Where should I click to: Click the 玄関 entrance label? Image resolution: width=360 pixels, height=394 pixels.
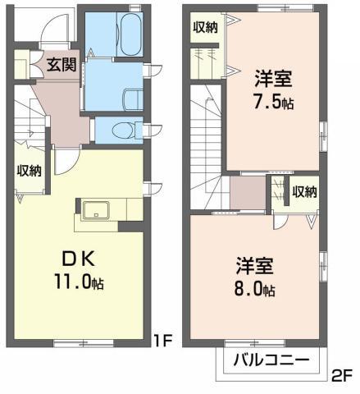click(62, 65)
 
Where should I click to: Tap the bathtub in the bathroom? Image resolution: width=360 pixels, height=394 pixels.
click(131, 34)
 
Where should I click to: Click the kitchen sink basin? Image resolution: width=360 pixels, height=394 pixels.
click(96, 210)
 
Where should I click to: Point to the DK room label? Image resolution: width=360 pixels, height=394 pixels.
click(79, 259)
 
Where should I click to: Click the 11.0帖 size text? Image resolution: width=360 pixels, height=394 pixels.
click(79, 282)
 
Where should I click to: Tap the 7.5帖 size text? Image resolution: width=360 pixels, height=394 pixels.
click(274, 102)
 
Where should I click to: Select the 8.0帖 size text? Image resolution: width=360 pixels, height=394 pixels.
click(255, 289)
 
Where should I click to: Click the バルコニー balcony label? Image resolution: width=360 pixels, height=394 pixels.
click(271, 360)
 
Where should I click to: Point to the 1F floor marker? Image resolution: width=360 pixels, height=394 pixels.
click(162, 341)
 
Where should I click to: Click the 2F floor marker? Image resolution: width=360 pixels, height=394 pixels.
click(342, 376)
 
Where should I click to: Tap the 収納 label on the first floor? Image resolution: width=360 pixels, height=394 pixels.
click(30, 171)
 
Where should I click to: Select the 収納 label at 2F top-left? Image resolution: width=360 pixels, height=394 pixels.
click(206, 27)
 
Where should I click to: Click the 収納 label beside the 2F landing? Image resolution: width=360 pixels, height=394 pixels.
click(304, 192)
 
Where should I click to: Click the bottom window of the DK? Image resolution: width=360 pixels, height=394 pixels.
click(84, 343)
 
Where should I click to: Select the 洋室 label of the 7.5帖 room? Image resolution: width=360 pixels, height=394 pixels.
click(273, 79)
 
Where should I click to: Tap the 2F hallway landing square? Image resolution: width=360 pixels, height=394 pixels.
click(248, 193)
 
